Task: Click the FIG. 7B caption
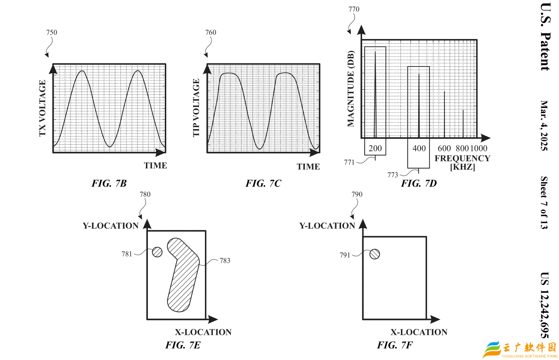pos(109,183)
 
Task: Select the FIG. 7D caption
pos(419,183)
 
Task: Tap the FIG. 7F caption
pos(395,345)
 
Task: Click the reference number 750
pos(52,32)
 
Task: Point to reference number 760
pos(210,32)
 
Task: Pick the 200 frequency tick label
pos(375,148)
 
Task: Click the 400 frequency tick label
pos(419,148)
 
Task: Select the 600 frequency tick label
pos(444,148)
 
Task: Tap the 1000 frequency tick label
pos(479,148)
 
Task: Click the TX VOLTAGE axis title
pos(42,108)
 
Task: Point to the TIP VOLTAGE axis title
pos(196,108)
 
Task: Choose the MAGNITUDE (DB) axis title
pos(351,89)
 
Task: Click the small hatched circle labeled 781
pos(157,252)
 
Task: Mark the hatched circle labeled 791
pos(375,254)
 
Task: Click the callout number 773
pos(393,175)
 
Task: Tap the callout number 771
pos(349,162)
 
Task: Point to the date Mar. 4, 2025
pos(544,126)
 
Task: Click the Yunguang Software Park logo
pos(519,349)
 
